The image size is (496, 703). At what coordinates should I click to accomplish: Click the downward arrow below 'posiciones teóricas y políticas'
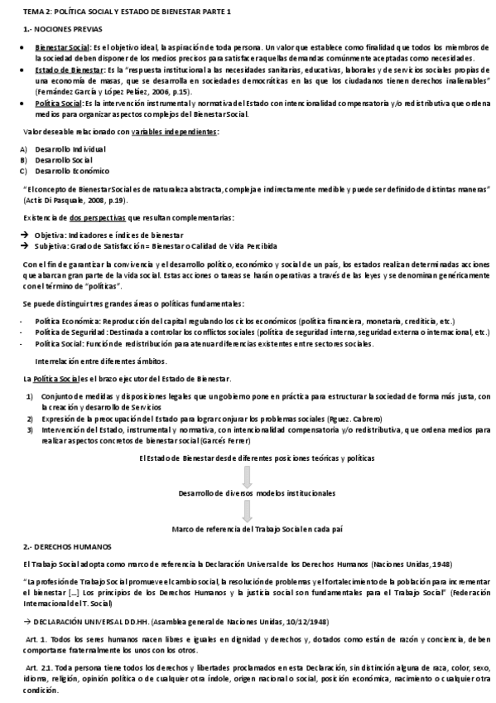(x=246, y=477)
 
